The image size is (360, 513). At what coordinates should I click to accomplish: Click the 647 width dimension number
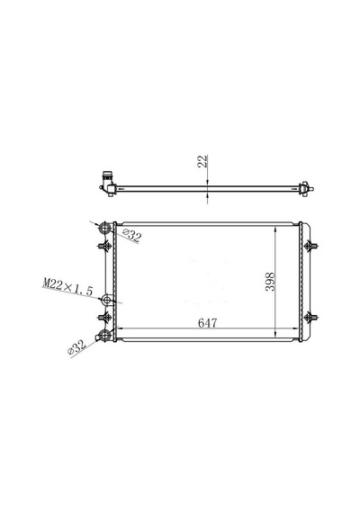pos(207,323)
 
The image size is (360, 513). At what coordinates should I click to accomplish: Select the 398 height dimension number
pos(270,282)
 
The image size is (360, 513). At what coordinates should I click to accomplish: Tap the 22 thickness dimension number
pos(202,161)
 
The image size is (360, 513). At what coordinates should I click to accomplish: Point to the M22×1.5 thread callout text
pos(68,286)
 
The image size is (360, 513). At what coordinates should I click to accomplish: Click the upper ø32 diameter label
pos(131,235)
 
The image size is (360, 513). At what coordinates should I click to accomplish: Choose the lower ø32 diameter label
pos(76,347)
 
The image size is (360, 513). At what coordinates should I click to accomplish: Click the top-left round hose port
pos(105,228)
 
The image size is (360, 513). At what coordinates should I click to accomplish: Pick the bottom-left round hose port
pos(105,336)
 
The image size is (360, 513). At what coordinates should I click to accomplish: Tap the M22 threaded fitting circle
pos(107,300)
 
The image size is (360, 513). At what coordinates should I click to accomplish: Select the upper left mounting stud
pos(104,246)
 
